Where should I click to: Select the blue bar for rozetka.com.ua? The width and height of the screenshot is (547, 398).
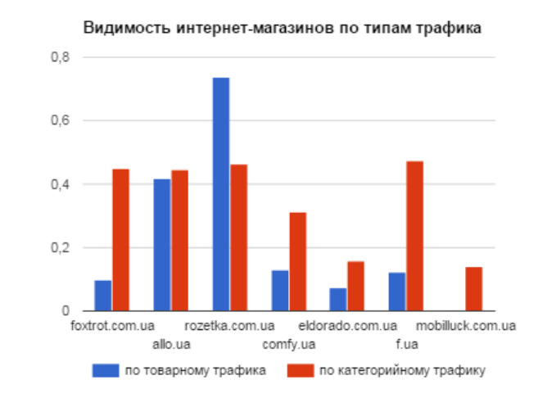click(221, 194)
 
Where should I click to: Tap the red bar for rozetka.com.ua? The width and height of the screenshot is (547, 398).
click(239, 237)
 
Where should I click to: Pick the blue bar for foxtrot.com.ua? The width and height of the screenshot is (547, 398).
click(103, 296)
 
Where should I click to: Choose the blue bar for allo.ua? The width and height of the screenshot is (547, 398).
click(162, 245)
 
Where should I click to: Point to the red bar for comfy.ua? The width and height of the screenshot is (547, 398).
click(298, 261)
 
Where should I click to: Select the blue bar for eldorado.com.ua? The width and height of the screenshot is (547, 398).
click(338, 300)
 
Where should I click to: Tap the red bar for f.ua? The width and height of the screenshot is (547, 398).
click(415, 236)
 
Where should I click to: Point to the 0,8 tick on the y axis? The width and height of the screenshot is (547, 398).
click(61, 58)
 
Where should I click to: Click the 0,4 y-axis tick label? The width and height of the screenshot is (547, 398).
click(61, 185)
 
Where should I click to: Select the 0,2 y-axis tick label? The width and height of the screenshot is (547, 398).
click(61, 248)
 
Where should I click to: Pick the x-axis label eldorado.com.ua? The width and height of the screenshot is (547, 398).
click(348, 326)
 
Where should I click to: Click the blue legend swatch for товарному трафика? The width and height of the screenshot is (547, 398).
click(105, 370)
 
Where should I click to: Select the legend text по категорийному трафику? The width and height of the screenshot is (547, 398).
click(404, 371)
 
